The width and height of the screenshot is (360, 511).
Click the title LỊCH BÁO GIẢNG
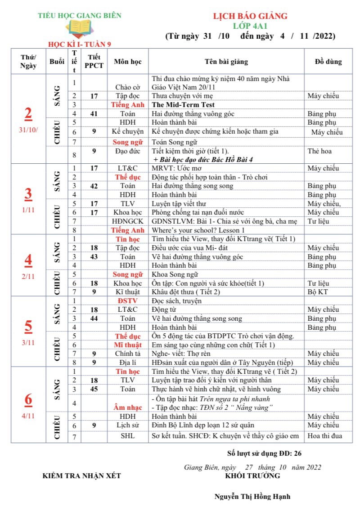point(250,16)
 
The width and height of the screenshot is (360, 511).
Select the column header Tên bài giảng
point(226,62)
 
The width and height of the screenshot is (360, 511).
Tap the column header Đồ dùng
point(328,62)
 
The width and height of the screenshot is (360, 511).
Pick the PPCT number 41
point(94,113)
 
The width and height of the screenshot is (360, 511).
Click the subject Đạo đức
point(128,151)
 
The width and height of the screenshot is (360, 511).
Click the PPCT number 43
point(94,257)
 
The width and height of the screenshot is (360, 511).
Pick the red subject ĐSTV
point(128,301)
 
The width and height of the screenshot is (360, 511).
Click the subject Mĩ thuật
point(128,345)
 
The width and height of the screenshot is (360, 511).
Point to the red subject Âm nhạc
point(128,408)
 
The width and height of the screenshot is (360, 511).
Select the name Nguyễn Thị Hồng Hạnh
point(252,497)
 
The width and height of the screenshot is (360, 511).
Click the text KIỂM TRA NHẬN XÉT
point(81,475)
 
